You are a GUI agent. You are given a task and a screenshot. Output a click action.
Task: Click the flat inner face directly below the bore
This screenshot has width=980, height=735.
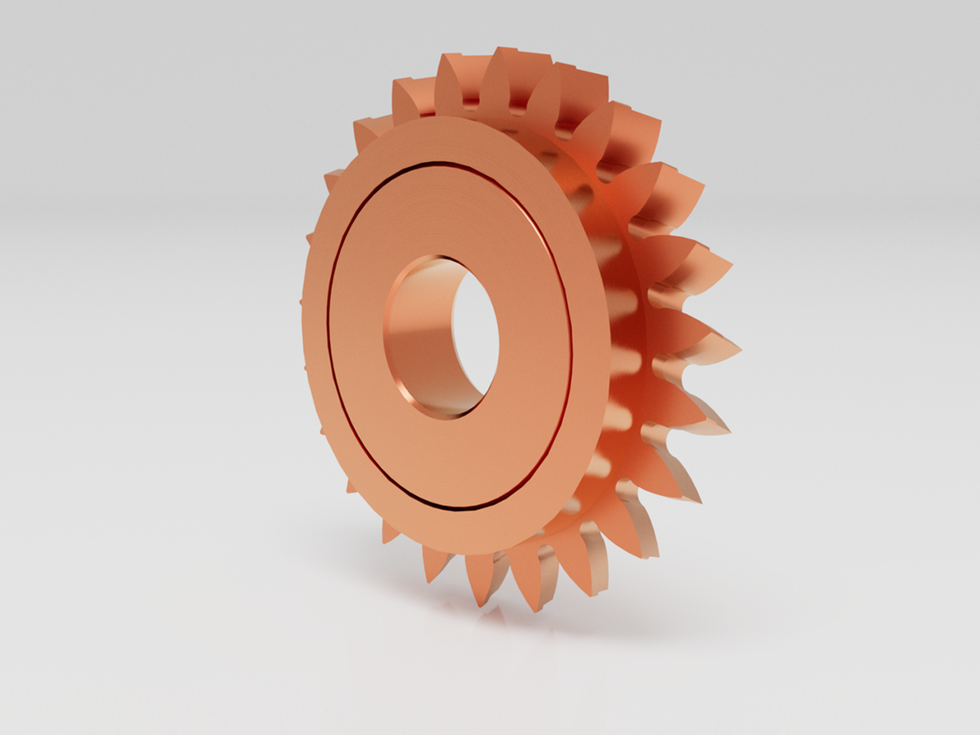click(x=449, y=459)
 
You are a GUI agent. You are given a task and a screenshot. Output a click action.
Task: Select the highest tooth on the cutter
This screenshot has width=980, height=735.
click(x=498, y=51)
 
